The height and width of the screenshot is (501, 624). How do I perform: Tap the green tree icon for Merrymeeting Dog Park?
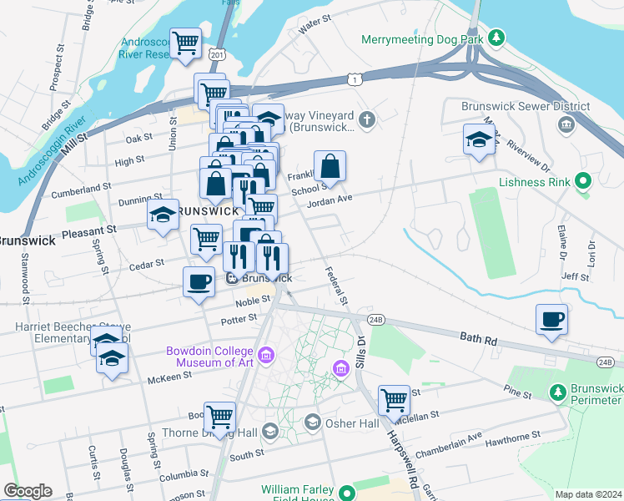click(496, 38)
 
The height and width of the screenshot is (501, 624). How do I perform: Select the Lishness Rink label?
click(534, 181)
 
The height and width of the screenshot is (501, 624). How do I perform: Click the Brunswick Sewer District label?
click(526, 106)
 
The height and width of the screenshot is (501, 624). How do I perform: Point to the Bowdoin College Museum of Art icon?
click(266, 357)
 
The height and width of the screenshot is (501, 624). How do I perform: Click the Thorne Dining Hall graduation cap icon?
click(269, 432)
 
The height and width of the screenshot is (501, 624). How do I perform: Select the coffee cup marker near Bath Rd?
click(552, 320)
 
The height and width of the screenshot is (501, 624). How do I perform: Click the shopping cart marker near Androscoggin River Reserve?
click(187, 43)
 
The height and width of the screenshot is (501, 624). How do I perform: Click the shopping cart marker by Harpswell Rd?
click(393, 400)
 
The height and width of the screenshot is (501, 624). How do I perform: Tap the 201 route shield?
click(218, 54)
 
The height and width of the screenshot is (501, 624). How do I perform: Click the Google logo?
click(28, 491)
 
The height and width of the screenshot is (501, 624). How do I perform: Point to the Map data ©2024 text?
click(587, 494)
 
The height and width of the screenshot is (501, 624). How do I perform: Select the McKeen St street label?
click(169, 375)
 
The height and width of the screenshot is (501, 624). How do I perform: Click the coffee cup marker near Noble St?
click(199, 281)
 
